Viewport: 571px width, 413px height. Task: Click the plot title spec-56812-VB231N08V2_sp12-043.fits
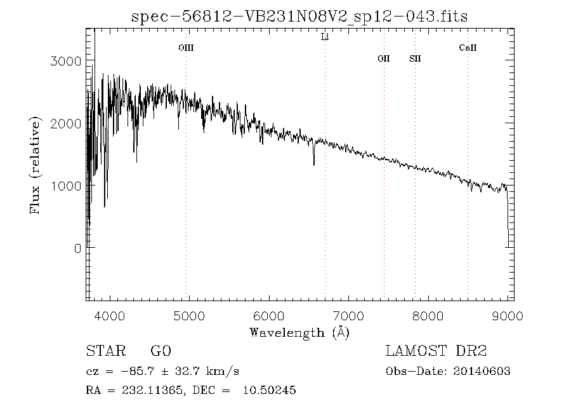pyautogui.click(x=299, y=17)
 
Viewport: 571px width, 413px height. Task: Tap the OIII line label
pyautogui.click(x=186, y=48)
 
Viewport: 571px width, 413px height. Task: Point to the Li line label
pyautogui.click(x=325, y=37)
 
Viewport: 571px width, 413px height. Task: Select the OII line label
pyautogui.click(x=384, y=58)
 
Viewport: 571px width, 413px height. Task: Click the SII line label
pyautogui.click(x=415, y=58)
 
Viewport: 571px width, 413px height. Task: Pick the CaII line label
pyautogui.click(x=468, y=48)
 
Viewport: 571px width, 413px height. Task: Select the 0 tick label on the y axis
pyautogui.click(x=77, y=248)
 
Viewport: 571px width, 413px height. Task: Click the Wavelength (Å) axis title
pyautogui.click(x=299, y=332)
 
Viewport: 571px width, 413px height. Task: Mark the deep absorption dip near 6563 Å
pyautogui.click(x=313, y=163)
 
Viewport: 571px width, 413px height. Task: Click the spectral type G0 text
pyautogui.click(x=161, y=351)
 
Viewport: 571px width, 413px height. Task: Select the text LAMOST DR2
pyautogui.click(x=436, y=351)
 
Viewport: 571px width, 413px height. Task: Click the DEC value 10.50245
pyautogui.click(x=269, y=390)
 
